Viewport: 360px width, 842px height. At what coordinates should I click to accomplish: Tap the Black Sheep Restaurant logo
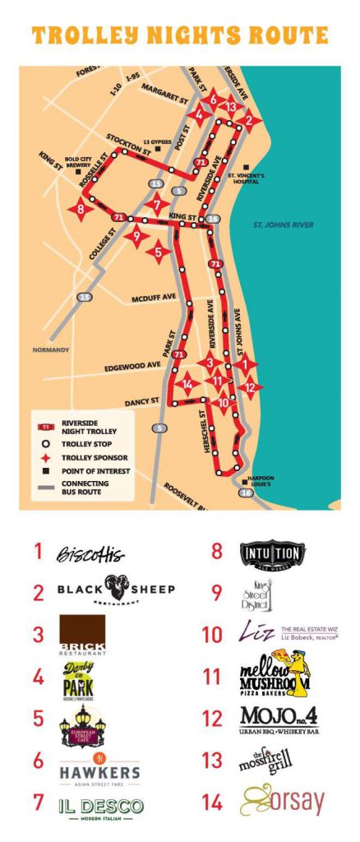click(116, 591)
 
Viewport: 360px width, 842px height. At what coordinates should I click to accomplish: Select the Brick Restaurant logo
click(83, 636)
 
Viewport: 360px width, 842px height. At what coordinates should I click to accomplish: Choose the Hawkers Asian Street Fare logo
click(99, 769)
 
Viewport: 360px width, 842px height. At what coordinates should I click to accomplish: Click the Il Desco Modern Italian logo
click(101, 807)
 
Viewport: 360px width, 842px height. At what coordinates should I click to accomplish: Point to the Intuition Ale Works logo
click(272, 553)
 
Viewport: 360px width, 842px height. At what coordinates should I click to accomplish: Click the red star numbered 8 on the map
click(81, 209)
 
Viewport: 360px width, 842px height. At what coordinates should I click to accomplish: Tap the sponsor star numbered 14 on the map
click(188, 384)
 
